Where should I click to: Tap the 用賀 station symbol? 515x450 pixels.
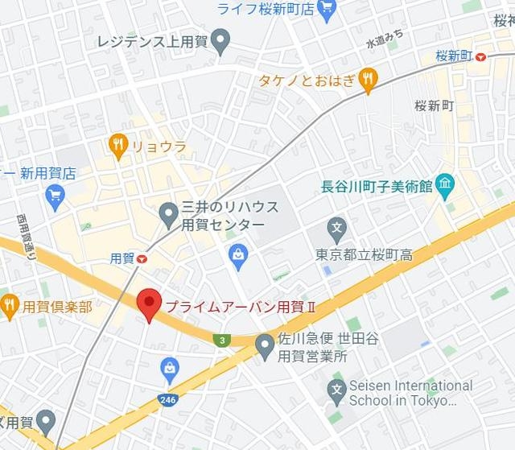point(142,258)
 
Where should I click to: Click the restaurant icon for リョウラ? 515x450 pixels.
point(117,146)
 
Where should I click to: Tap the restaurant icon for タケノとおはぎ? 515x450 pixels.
point(368,78)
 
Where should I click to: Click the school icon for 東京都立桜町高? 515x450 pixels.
point(337,227)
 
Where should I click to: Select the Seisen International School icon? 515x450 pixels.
point(337,392)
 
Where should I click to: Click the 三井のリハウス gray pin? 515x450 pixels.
point(168,214)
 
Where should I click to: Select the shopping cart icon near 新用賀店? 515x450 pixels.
point(55,196)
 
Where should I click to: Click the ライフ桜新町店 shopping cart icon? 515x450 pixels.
point(326,9)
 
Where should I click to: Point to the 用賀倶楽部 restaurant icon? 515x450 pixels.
point(10,305)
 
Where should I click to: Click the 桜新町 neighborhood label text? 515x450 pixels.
point(435,106)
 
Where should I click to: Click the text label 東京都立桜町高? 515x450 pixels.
point(364,255)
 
